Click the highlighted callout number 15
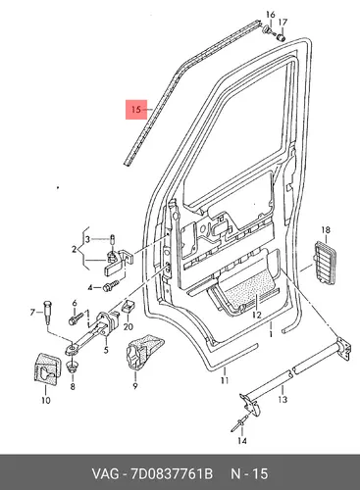pos(135,109)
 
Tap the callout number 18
pos(326,230)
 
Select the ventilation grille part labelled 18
pos(325,263)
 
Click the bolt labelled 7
pos(47,312)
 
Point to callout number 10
pos(46,400)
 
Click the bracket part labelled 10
pos(47,367)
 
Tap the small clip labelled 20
pos(129,307)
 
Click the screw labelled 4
pos(111,285)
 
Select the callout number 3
pos(87,239)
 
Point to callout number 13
pos(283,399)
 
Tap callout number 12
pos(257,315)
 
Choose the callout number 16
pos(271,15)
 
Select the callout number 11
pos(225,380)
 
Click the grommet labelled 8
pos(72,367)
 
